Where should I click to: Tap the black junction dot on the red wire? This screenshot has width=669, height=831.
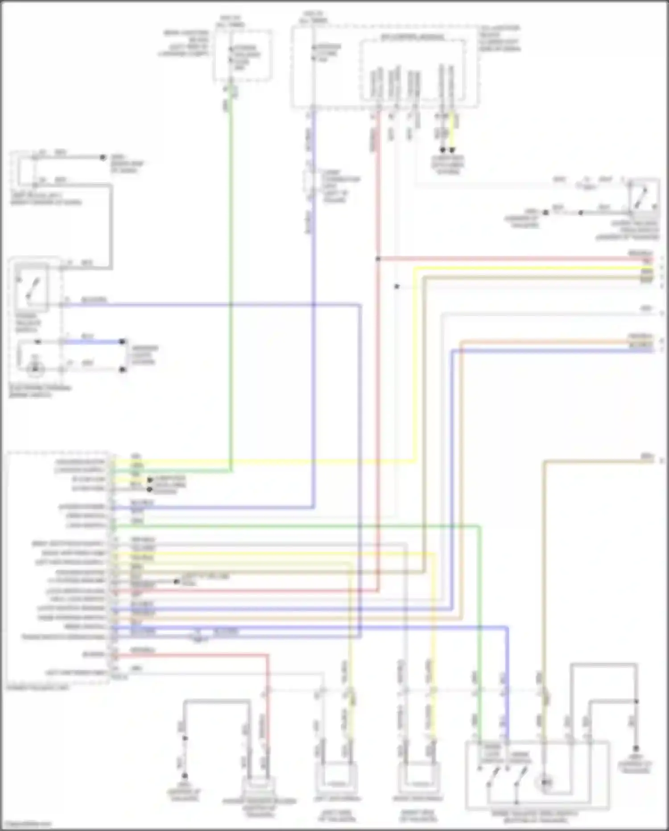tap(377, 259)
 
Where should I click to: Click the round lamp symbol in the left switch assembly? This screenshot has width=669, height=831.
tap(34, 369)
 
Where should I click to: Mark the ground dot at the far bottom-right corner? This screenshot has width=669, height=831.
tap(636, 748)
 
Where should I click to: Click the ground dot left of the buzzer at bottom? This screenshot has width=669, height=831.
tap(184, 776)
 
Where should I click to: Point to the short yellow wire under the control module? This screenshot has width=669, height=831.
tap(453, 132)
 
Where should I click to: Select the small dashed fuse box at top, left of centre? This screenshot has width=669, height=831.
tap(242, 56)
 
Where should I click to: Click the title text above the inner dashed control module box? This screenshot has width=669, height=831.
tap(413, 37)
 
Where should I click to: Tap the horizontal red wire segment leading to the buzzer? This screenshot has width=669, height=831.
tap(192, 655)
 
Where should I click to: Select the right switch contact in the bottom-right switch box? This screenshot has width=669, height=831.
tap(520, 778)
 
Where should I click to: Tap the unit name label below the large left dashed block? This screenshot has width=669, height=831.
tap(38, 688)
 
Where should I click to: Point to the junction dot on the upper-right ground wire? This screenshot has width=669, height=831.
tap(580, 213)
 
